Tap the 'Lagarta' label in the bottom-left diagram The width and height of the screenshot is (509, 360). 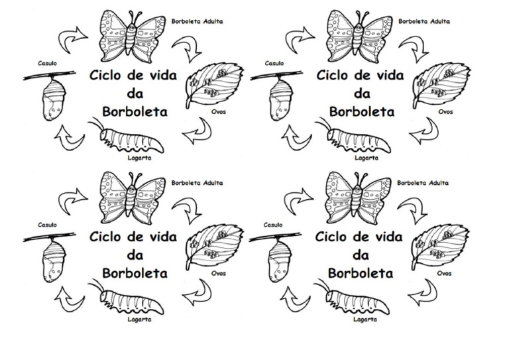coord(139,319)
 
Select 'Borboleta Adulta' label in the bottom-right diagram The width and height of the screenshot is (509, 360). coord(423,182)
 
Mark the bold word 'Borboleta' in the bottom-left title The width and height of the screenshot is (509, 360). coord(135,272)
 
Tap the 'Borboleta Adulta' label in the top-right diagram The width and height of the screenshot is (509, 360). coord(424,21)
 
